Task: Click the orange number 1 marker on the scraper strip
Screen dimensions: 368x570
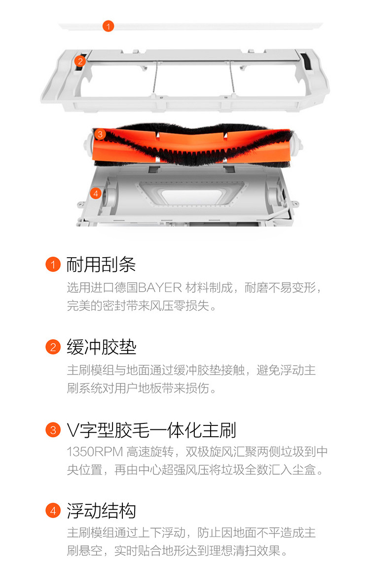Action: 108,26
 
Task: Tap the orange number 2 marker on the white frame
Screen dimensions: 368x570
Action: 80,61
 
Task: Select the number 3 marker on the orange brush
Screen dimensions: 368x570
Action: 100,134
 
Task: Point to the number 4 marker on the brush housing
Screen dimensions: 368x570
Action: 96,193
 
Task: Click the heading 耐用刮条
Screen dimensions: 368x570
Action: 101,265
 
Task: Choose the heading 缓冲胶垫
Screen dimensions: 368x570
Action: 101,347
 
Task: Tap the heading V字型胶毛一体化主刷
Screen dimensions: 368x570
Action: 151,430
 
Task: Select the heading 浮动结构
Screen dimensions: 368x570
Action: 101,511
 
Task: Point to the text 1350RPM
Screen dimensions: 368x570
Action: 95,452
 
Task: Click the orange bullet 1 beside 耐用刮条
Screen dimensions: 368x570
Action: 53,265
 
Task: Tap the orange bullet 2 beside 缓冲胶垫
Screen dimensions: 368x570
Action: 53,347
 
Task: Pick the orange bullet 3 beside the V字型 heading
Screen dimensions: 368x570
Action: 53,430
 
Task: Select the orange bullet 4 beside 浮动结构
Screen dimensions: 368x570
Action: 53,511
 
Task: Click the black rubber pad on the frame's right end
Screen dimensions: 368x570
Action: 306,61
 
